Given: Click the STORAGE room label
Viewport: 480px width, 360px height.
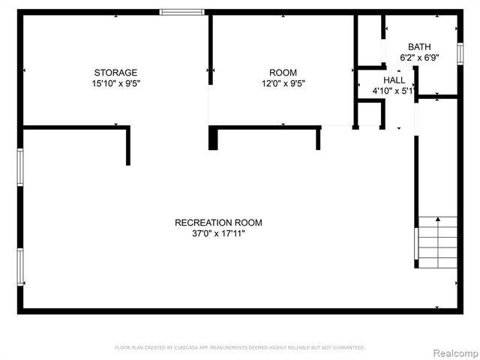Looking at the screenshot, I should pos(115,73).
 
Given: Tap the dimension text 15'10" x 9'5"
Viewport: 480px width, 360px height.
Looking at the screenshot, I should pos(115,84).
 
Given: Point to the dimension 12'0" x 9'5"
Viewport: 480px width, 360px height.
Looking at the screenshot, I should pos(283,84).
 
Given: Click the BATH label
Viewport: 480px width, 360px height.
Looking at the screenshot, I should pos(419,46).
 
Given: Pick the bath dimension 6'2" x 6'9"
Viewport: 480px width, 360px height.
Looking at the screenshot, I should pos(419,57).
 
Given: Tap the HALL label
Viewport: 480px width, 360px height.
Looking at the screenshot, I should pos(394,80).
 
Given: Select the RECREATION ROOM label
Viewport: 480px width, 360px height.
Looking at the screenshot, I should pos(218,223).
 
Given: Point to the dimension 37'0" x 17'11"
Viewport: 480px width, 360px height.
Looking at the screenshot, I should pos(218,234).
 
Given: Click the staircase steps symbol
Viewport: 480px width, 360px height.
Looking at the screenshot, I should pos(437,241).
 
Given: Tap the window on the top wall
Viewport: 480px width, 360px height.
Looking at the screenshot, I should pos(182,12).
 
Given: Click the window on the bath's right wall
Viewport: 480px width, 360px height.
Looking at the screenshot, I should pos(460,54).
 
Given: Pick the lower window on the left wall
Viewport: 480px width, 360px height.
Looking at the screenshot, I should pos(20,266).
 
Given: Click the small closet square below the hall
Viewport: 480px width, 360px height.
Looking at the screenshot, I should pos(370,113).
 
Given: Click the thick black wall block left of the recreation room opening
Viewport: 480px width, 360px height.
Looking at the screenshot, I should pos(213,138).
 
